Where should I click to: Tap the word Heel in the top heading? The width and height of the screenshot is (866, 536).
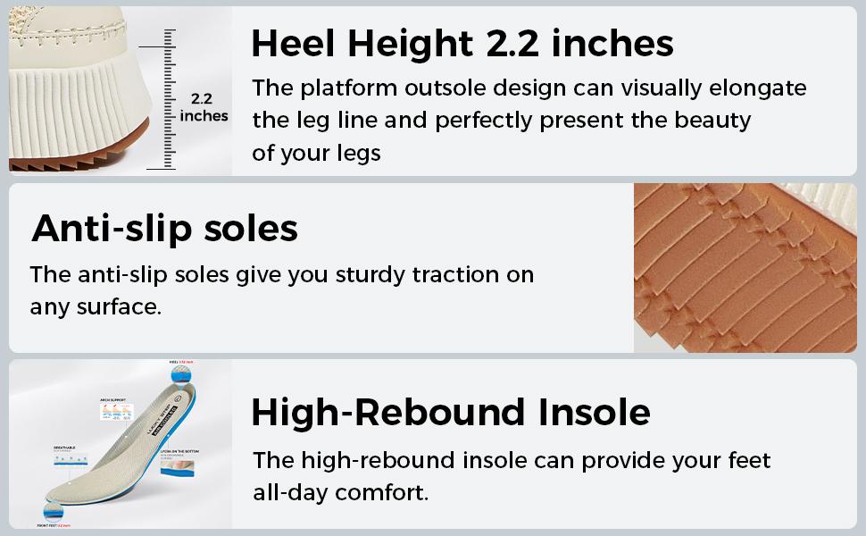click(292, 43)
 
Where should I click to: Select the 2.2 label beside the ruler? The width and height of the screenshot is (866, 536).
click(201, 99)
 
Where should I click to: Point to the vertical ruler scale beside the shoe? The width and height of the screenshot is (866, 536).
click(165, 98)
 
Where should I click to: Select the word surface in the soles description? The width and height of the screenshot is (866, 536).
click(117, 307)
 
